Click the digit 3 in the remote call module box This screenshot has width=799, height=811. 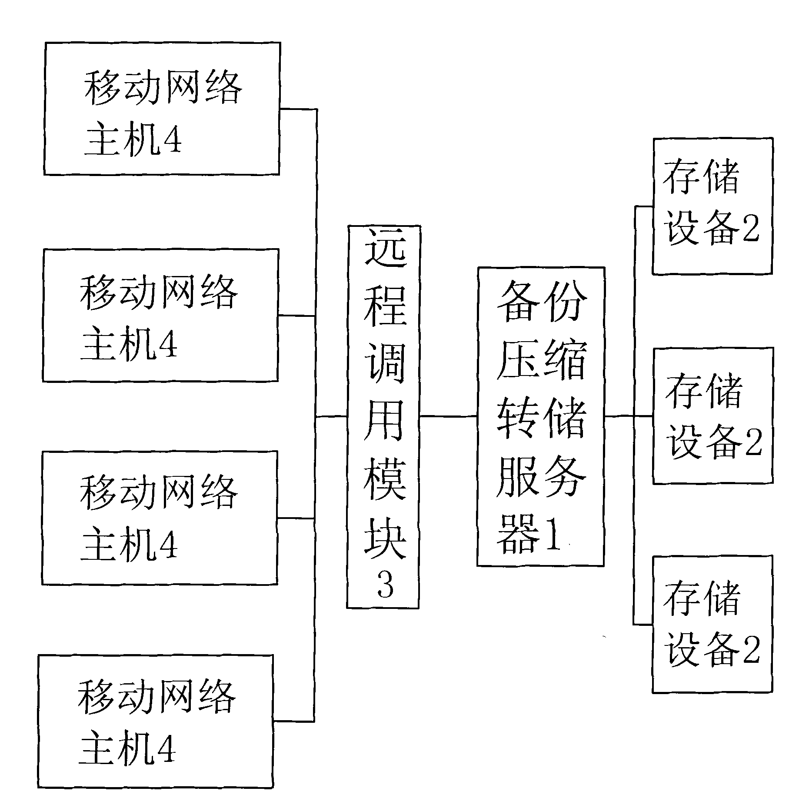click(385, 584)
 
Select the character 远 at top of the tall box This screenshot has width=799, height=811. click(385, 248)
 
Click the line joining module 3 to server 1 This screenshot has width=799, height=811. click(448, 416)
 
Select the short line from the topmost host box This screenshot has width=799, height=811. click(297, 109)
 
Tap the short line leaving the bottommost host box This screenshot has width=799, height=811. click(293, 721)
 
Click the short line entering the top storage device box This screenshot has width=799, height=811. click(643, 206)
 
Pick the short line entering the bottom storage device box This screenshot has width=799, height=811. click(643, 625)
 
